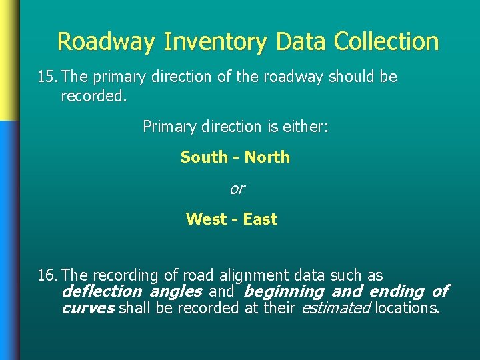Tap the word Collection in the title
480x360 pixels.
click(x=386, y=41)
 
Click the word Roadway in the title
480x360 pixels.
click(x=107, y=42)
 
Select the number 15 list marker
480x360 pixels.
click(x=46, y=77)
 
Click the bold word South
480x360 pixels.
click(x=204, y=157)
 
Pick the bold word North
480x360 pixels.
click(x=267, y=157)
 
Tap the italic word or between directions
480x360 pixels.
click(x=237, y=189)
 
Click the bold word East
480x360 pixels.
click(x=260, y=219)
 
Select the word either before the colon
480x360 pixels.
click(x=303, y=127)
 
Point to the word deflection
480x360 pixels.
click(x=101, y=291)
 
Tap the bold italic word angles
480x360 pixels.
click(x=175, y=292)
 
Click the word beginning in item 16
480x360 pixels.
click(x=284, y=292)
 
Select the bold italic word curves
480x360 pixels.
click(x=87, y=308)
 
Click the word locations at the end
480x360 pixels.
click(x=407, y=308)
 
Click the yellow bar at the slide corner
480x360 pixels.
click(x=9, y=60)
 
